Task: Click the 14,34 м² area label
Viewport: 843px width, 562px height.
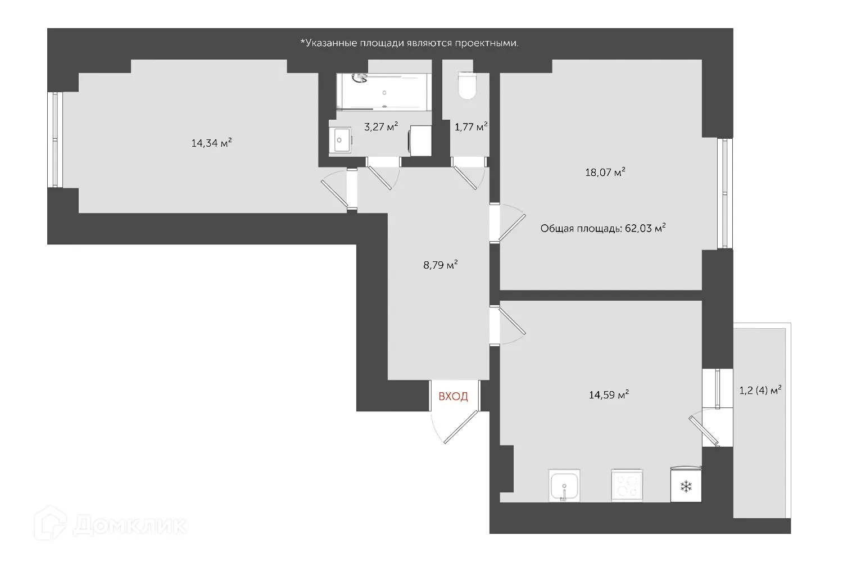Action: tap(212, 143)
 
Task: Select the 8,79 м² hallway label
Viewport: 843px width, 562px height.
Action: tap(440, 265)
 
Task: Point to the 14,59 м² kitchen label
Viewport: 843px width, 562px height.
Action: tap(609, 395)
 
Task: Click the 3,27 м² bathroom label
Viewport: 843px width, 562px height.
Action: tap(381, 126)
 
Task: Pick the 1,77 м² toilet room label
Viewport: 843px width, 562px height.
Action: tap(470, 127)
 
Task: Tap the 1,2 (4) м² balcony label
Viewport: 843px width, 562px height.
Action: tap(761, 390)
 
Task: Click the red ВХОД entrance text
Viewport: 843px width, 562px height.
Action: tap(453, 397)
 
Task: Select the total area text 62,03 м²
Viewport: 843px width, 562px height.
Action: tap(603, 228)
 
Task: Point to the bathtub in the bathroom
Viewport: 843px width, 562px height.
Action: tap(384, 92)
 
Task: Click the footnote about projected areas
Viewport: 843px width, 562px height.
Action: tap(409, 43)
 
